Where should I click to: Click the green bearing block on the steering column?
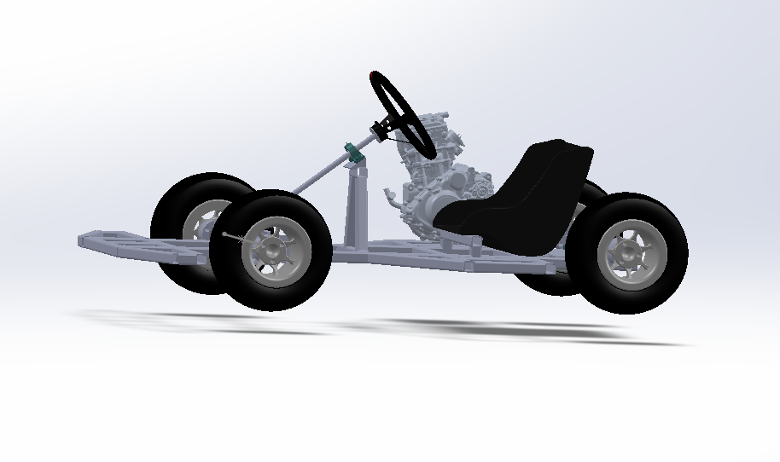[x=352, y=154]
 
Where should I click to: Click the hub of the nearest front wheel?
[x=272, y=249]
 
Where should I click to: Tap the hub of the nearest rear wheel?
[x=630, y=252]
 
